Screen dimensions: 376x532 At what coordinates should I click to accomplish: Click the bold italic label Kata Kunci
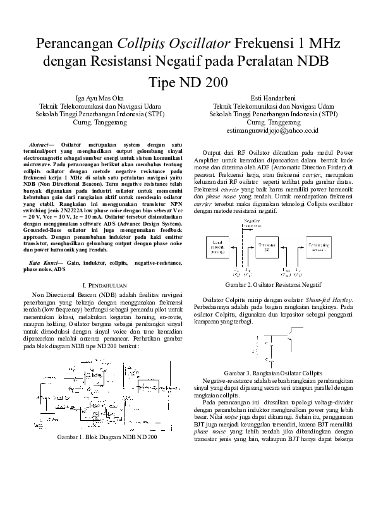[47, 262]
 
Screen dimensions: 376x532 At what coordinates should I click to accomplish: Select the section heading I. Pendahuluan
[106, 286]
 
